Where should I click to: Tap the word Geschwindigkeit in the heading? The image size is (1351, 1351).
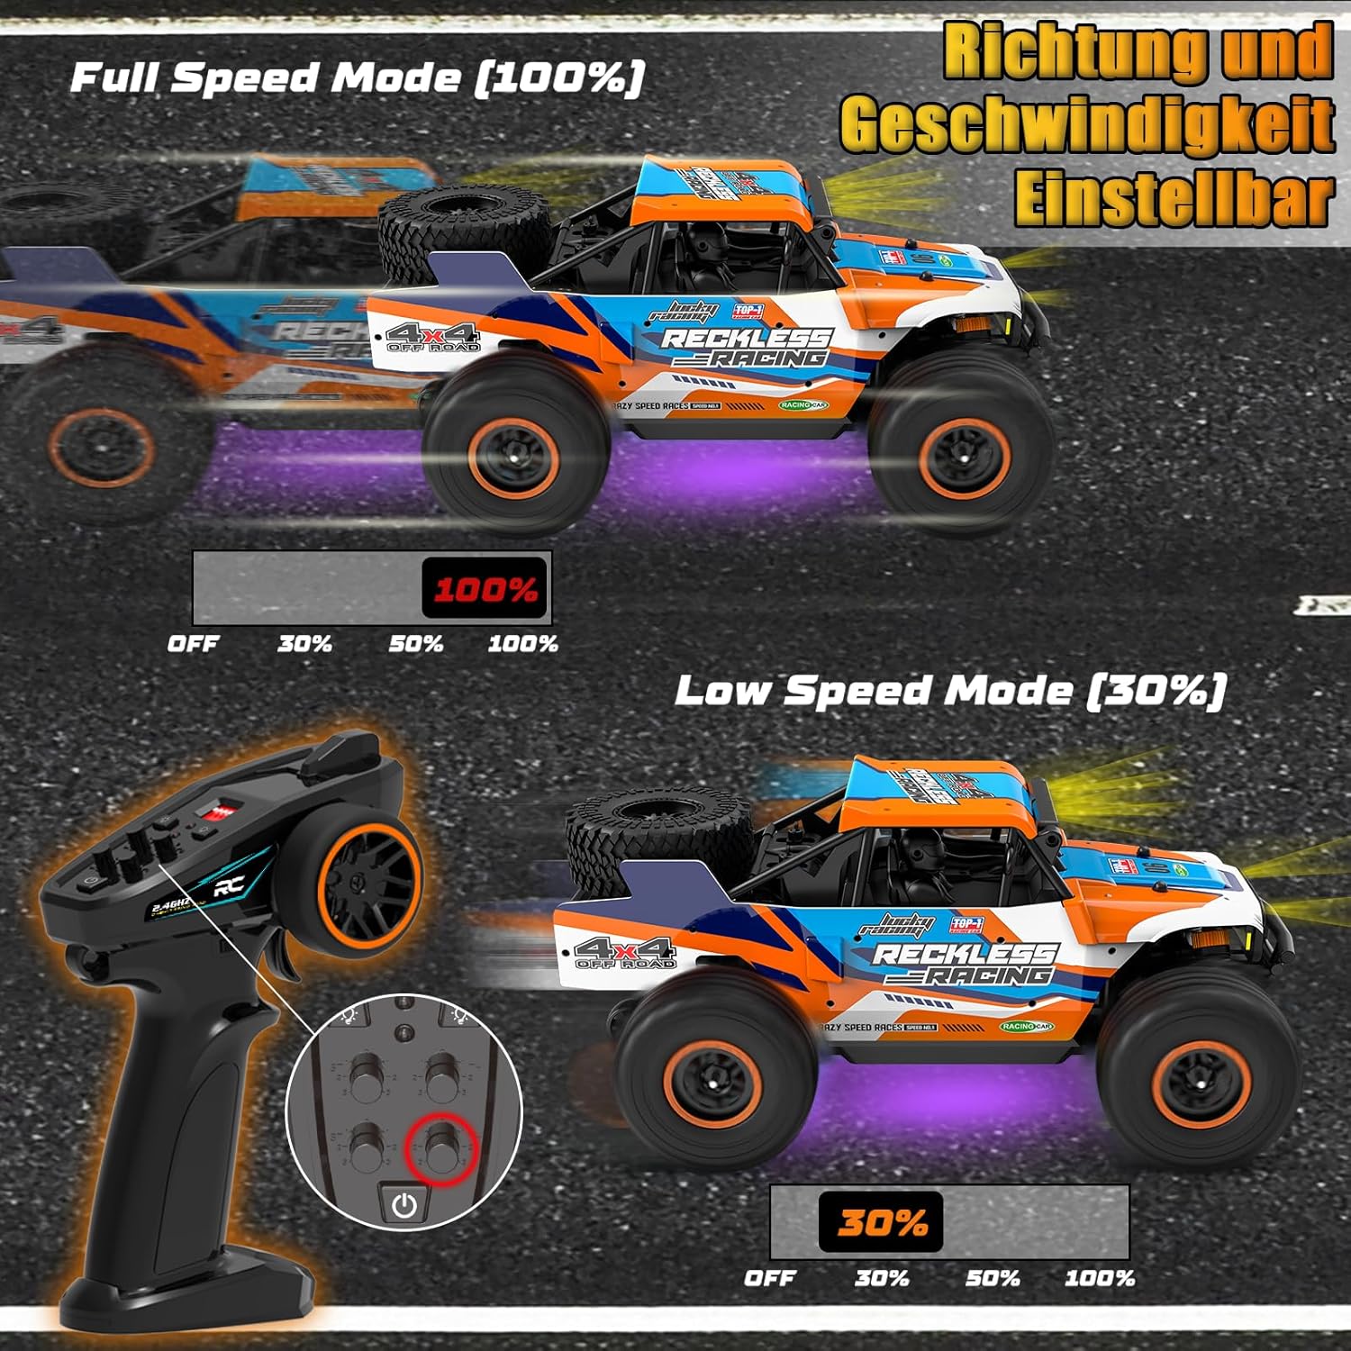[1087, 126]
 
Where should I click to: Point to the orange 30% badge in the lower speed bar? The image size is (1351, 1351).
[881, 1222]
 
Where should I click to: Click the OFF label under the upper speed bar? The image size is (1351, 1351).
[193, 644]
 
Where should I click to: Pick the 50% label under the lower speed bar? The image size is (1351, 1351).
[993, 1278]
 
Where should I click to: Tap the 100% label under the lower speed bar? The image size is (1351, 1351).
[1100, 1278]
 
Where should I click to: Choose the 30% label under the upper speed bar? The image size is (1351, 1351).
[304, 644]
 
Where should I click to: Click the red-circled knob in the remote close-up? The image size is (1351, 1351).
[440, 1146]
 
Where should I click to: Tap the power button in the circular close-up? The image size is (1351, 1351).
[404, 1204]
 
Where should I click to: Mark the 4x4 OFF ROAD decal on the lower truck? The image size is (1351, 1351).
[625, 953]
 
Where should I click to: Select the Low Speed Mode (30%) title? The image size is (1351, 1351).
[950, 691]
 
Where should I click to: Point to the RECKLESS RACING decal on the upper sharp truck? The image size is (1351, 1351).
[746, 348]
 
